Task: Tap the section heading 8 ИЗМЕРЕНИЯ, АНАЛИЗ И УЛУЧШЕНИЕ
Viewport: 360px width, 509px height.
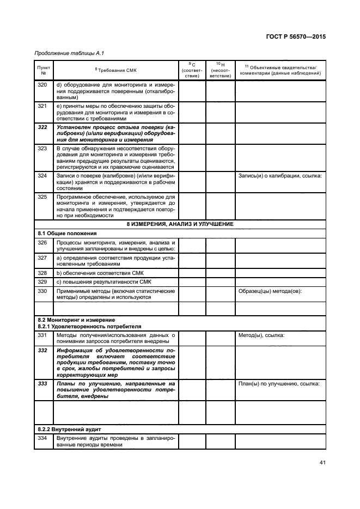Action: point(180,224)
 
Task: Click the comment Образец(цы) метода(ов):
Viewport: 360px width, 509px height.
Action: point(270,291)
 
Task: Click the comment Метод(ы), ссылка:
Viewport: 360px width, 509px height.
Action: point(262,335)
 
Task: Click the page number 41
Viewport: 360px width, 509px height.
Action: point(322,463)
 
